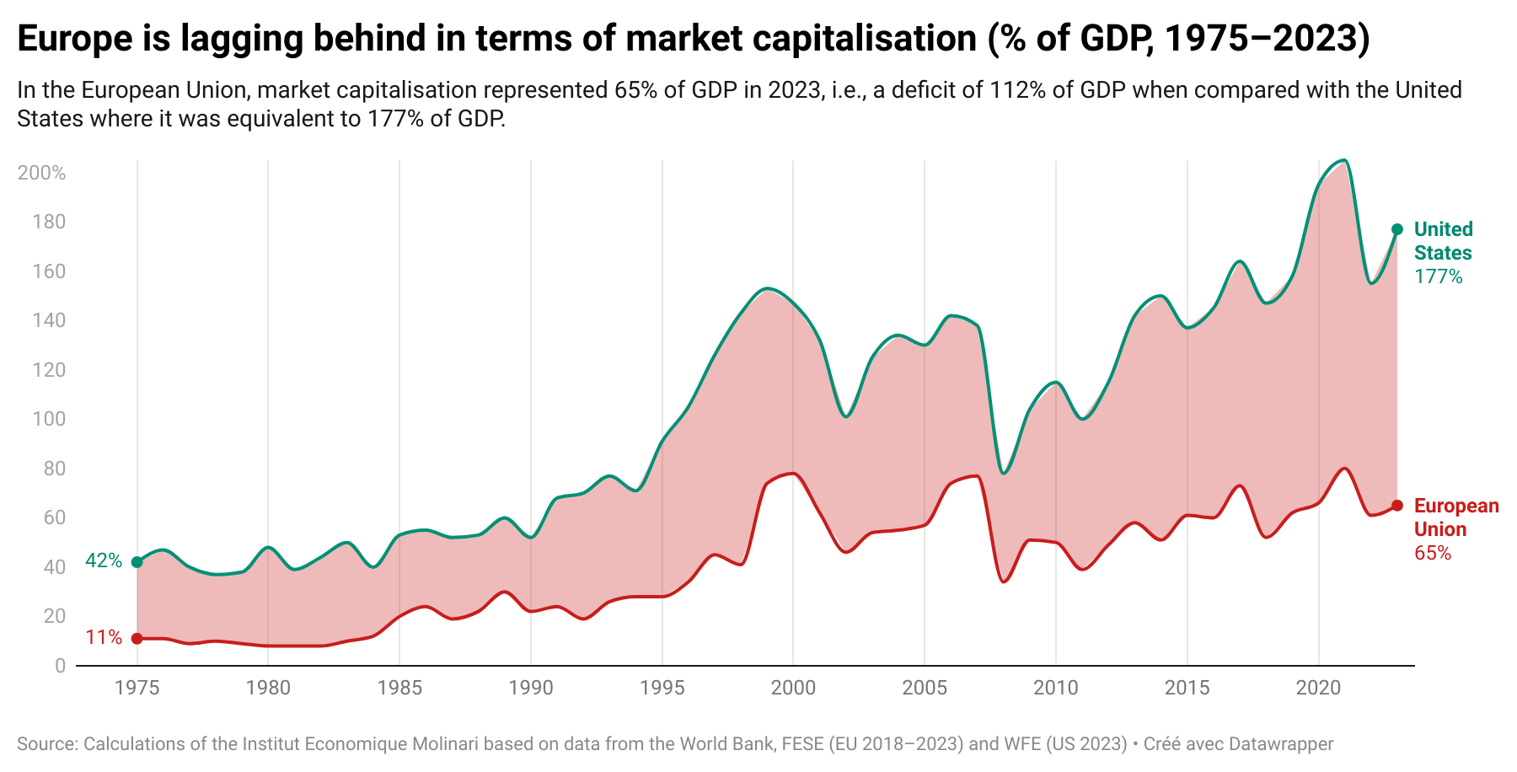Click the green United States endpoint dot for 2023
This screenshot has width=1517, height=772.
(1397, 229)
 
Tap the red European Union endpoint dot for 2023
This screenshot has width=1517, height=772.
(1397, 506)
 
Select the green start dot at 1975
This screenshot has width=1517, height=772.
(137, 562)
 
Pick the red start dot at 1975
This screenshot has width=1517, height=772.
(137, 639)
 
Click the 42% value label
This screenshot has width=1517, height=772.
(104, 560)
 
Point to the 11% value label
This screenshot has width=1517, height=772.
(104, 637)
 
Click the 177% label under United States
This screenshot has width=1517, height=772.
(1439, 276)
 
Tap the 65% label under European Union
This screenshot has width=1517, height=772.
(1433, 553)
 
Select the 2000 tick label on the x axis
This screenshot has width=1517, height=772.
(793, 688)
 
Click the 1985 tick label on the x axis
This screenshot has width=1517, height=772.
(399, 688)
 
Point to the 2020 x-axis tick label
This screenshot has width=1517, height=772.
(1318, 688)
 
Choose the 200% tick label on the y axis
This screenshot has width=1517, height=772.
(41, 173)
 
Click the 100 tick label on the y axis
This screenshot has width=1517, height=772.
(49, 419)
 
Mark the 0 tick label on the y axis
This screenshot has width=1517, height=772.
(60, 666)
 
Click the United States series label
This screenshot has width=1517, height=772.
(1444, 241)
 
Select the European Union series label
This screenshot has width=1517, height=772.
(1456, 517)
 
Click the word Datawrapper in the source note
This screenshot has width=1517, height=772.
(1281, 744)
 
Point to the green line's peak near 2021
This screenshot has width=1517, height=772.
(1344, 160)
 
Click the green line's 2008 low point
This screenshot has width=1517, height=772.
(1003, 473)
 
